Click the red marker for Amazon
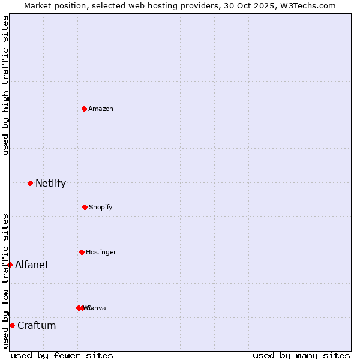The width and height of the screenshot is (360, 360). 84,109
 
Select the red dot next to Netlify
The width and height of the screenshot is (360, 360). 30,183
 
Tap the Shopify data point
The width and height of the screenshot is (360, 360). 85,207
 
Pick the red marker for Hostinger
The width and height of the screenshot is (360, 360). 82,252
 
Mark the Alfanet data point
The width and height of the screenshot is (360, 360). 10,265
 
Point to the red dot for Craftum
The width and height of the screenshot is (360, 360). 12,325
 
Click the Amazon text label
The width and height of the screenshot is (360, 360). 101,109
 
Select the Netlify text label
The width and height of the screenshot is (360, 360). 50,183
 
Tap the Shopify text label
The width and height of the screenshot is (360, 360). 101,207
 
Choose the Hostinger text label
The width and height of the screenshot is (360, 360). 101,252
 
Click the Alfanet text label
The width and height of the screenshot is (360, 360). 32,265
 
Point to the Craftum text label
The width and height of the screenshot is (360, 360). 37,325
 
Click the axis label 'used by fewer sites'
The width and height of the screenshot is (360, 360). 62,355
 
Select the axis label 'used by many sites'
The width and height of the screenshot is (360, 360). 301,355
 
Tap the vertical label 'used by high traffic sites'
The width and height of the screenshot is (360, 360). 5,85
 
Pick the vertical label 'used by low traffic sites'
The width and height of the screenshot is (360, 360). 5,281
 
